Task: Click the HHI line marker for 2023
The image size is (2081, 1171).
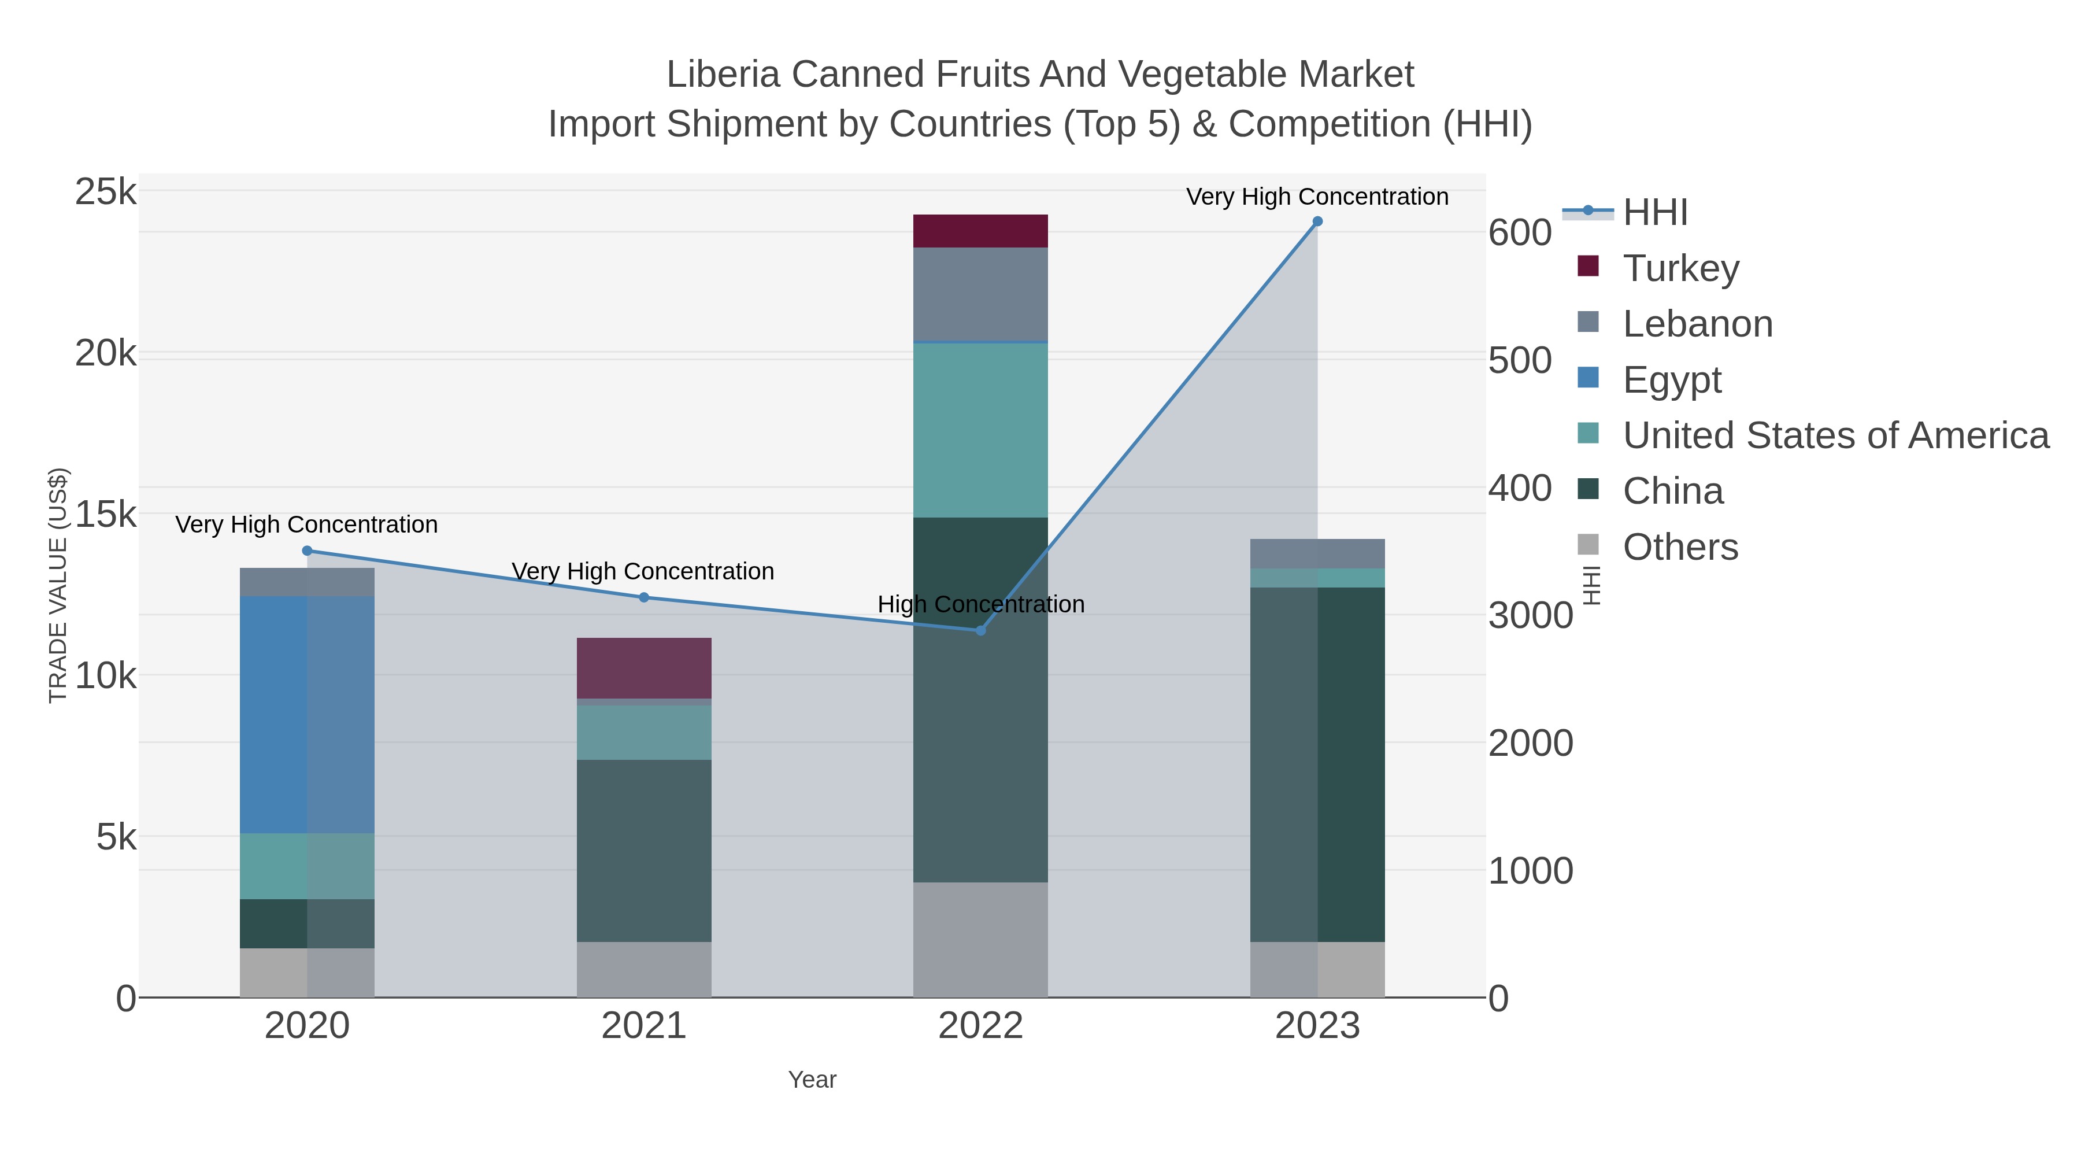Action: click(x=1317, y=221)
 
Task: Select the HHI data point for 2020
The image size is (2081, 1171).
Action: click(x=307, y=551)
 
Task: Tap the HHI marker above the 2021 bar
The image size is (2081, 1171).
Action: click(x=644, y=598)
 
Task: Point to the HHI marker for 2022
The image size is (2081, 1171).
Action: click(x=981, y=630)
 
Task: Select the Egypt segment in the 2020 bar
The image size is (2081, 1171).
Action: click(x=307, y=715)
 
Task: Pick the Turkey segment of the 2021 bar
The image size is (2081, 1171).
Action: click(x=644, y=668)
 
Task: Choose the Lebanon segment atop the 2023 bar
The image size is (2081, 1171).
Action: click(x=1317, y=553)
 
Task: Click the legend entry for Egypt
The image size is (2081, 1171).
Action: click(x=1672, y=380)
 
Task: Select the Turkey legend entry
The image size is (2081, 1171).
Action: click(x=1681, y=268)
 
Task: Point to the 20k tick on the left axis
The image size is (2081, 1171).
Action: click(x=106, y=354)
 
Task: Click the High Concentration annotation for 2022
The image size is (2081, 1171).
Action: click(x=981, y=604)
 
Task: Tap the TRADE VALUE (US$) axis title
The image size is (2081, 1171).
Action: click(x=58, y=585)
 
